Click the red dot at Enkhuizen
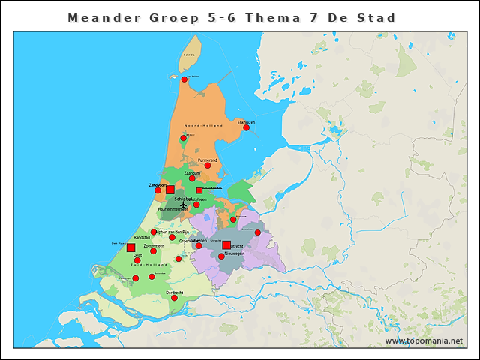(246, 127)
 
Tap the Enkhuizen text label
(246, 121)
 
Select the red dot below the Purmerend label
(208, 166)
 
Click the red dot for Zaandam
(192, 178)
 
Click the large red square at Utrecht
(226, 244)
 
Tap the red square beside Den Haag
(130, 247)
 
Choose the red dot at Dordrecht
(174, 298)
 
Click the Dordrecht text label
(174, 292)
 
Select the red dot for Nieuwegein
(220, 256)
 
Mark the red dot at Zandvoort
(157, 190)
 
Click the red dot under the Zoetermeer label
(153, 250)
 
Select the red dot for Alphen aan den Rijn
(154, 232)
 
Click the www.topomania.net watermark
(424, 340)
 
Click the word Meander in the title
(99, 16)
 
